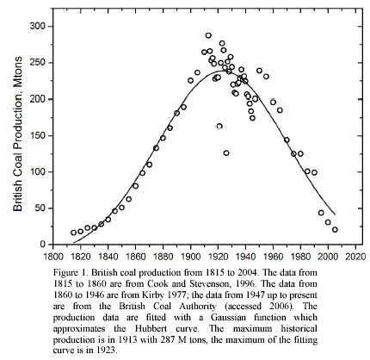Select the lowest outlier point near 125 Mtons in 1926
click(x=226, y=153)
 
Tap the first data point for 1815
click(x=73, y=233)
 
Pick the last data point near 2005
click(x=335, y=230)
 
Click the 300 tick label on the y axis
click(x=38, y=27)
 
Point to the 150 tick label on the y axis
click(x=38, y=135)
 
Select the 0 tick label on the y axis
click(x=43, y=245)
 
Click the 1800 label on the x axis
click(x=53, y=256)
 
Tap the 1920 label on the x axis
click(x=218, y=256)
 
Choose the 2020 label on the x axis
click(x=355, y=256)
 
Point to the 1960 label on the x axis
click(x=273, y=256)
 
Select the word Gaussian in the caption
click(x=229, y=318)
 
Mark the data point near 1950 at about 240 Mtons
click(x=259, y=71)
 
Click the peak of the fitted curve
click(x=222, y=71)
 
